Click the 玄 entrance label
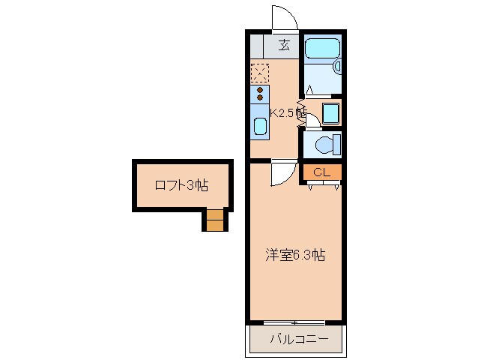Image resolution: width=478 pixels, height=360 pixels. pos(285,45)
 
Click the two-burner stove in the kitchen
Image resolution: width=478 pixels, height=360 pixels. pos(260,94)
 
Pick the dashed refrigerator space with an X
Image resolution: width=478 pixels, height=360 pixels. pos(260,73)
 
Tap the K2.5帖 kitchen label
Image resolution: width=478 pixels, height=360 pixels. pos(286,113)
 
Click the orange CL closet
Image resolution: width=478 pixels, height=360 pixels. pos(322,172)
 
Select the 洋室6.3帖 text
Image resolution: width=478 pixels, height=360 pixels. pos(294,255)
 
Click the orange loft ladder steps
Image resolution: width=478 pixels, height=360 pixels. pos(215,220)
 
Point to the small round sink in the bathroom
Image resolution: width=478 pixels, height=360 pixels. pos(338,67)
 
